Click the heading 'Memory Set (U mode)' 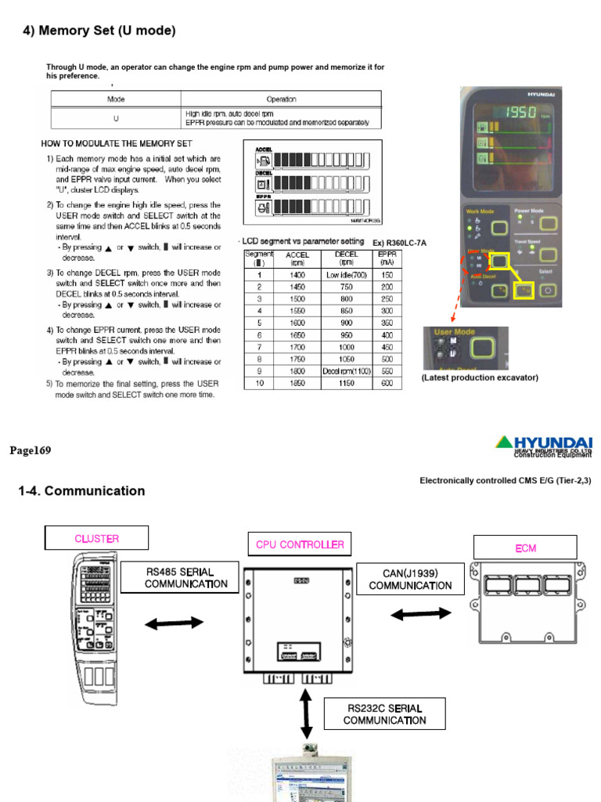click(97, 31)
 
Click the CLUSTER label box click(96, 538)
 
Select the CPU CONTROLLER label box click(300, 544)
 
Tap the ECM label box click(526, 547)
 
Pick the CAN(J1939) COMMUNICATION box click(410, 580)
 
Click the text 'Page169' click(30, 450)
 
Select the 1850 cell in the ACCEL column click(297, 384)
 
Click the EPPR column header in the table click(386, 258)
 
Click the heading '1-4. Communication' click(81, 491)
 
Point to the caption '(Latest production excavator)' click(480, 378)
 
